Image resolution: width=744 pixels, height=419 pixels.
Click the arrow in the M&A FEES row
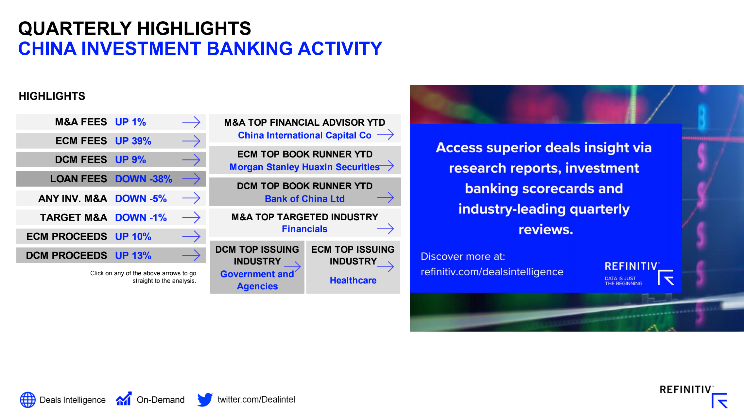click(191, 122)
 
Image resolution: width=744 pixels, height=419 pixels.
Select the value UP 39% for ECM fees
click(133, 141)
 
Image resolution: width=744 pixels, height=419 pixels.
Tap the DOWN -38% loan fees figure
click(144, 179)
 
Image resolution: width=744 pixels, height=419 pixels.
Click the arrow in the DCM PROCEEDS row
click(191, 255)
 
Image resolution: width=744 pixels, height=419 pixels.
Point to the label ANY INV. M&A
click(73, 198)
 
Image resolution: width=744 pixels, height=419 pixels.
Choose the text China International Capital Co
click(304, 135)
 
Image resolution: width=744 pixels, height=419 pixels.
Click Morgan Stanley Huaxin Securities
click(304, 167)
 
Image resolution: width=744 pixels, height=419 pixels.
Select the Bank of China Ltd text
click(304, 199)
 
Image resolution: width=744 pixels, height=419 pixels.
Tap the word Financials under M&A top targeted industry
click(304, 229)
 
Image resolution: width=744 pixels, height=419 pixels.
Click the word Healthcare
click(353, 280)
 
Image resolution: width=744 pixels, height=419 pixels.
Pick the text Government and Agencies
click(257, 280)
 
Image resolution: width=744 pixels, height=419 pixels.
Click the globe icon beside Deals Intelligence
click(28, 400)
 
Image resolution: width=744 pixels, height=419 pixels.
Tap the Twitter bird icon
click(205, 400)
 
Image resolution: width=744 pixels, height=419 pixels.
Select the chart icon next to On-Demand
click(124, 399)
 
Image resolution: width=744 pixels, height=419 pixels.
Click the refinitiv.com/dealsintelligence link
click(492, 272)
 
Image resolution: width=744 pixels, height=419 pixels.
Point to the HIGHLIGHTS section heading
click(52, 96)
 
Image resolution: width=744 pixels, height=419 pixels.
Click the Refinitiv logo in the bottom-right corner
click(693, 396)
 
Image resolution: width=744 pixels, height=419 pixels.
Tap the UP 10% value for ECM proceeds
click(133, 236)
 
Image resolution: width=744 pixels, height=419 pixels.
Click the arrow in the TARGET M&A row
click(191, 217)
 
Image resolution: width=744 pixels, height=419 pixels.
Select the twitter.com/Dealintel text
click(256, 399)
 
